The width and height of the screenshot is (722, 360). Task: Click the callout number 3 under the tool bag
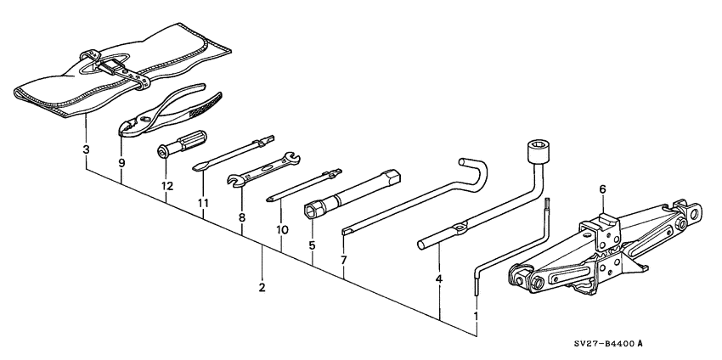tap(86, 150)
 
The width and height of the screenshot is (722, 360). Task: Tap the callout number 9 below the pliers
tap(121, 163)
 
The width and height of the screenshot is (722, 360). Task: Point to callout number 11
tap(204, 204)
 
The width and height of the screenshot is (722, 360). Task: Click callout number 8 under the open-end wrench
tap(242, 217)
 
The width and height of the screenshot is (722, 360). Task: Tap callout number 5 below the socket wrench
tap(312, 246)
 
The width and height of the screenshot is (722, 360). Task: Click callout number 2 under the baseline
tap(262, 287)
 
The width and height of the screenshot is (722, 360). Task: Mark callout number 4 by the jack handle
tap(439, 278)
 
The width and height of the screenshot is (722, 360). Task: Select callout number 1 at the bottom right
tap(476, 316)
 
